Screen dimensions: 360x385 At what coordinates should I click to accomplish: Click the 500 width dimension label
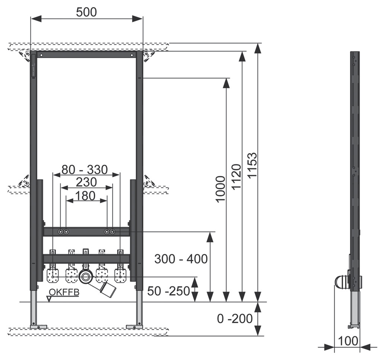[x=86, y=12]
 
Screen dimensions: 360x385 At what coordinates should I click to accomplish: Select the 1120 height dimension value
[x=236, y=177]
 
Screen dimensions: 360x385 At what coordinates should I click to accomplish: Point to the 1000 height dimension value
[x=220, y=189]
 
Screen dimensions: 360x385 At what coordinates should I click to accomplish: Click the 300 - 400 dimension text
[x=181, y=259]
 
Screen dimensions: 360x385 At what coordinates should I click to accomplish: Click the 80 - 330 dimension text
[x=85, y=170]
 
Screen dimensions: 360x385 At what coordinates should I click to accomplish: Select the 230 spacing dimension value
[x=86, y=183]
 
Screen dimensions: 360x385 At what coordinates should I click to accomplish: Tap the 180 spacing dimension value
[x=85, y=195]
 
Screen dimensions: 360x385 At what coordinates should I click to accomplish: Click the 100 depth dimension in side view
[x=349, y=341]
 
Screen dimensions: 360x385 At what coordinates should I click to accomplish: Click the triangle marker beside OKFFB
[x=49, y=298]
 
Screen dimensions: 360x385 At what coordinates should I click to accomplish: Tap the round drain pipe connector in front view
[x=86, y=277]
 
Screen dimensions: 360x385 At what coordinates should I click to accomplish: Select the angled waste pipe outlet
[x=107, y=288]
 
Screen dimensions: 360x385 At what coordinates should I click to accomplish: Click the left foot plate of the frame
[x=38, y=327]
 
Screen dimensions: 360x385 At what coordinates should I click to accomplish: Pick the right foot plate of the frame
[x=134, y=327]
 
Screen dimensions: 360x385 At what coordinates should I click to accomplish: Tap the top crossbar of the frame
[x=86, y=54]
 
